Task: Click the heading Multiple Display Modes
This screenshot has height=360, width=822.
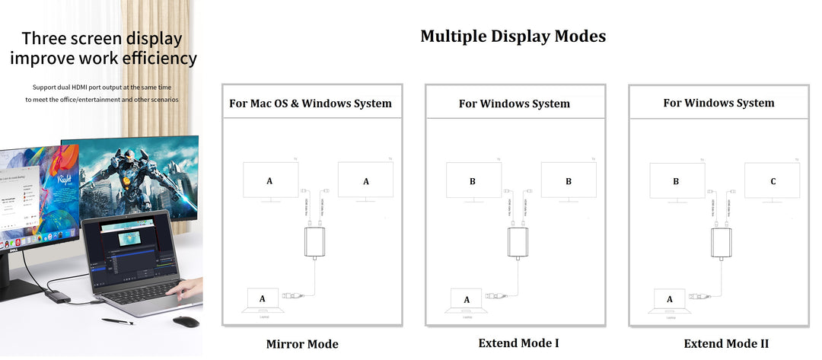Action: (x=513, y=37)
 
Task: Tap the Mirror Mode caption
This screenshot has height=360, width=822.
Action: (x=302, y=344)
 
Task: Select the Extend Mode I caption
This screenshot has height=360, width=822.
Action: (x=518, y=343)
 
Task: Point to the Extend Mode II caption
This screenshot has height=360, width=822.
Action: (x=726, y=344)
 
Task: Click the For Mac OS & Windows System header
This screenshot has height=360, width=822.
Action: (x=311, y=104)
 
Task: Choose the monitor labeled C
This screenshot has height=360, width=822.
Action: (x=773, y=181)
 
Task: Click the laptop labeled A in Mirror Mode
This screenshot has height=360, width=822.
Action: (x=263, y=299)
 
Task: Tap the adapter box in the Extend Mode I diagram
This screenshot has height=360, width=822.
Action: (x=518, y=242)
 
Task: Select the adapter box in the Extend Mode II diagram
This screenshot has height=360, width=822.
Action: (x=722, y=242)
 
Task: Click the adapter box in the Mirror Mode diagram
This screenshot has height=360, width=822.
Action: (x=314, y=242)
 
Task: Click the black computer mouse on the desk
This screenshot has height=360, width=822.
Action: (x=186, y=321)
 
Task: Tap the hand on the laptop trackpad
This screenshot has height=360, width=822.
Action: (x=185, y=288)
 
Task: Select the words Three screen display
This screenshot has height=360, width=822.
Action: (x=102, y=38)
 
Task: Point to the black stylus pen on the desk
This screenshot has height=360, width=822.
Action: (x=118, y=321)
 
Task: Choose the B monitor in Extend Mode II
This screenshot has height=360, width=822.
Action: (x=677, y=181)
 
